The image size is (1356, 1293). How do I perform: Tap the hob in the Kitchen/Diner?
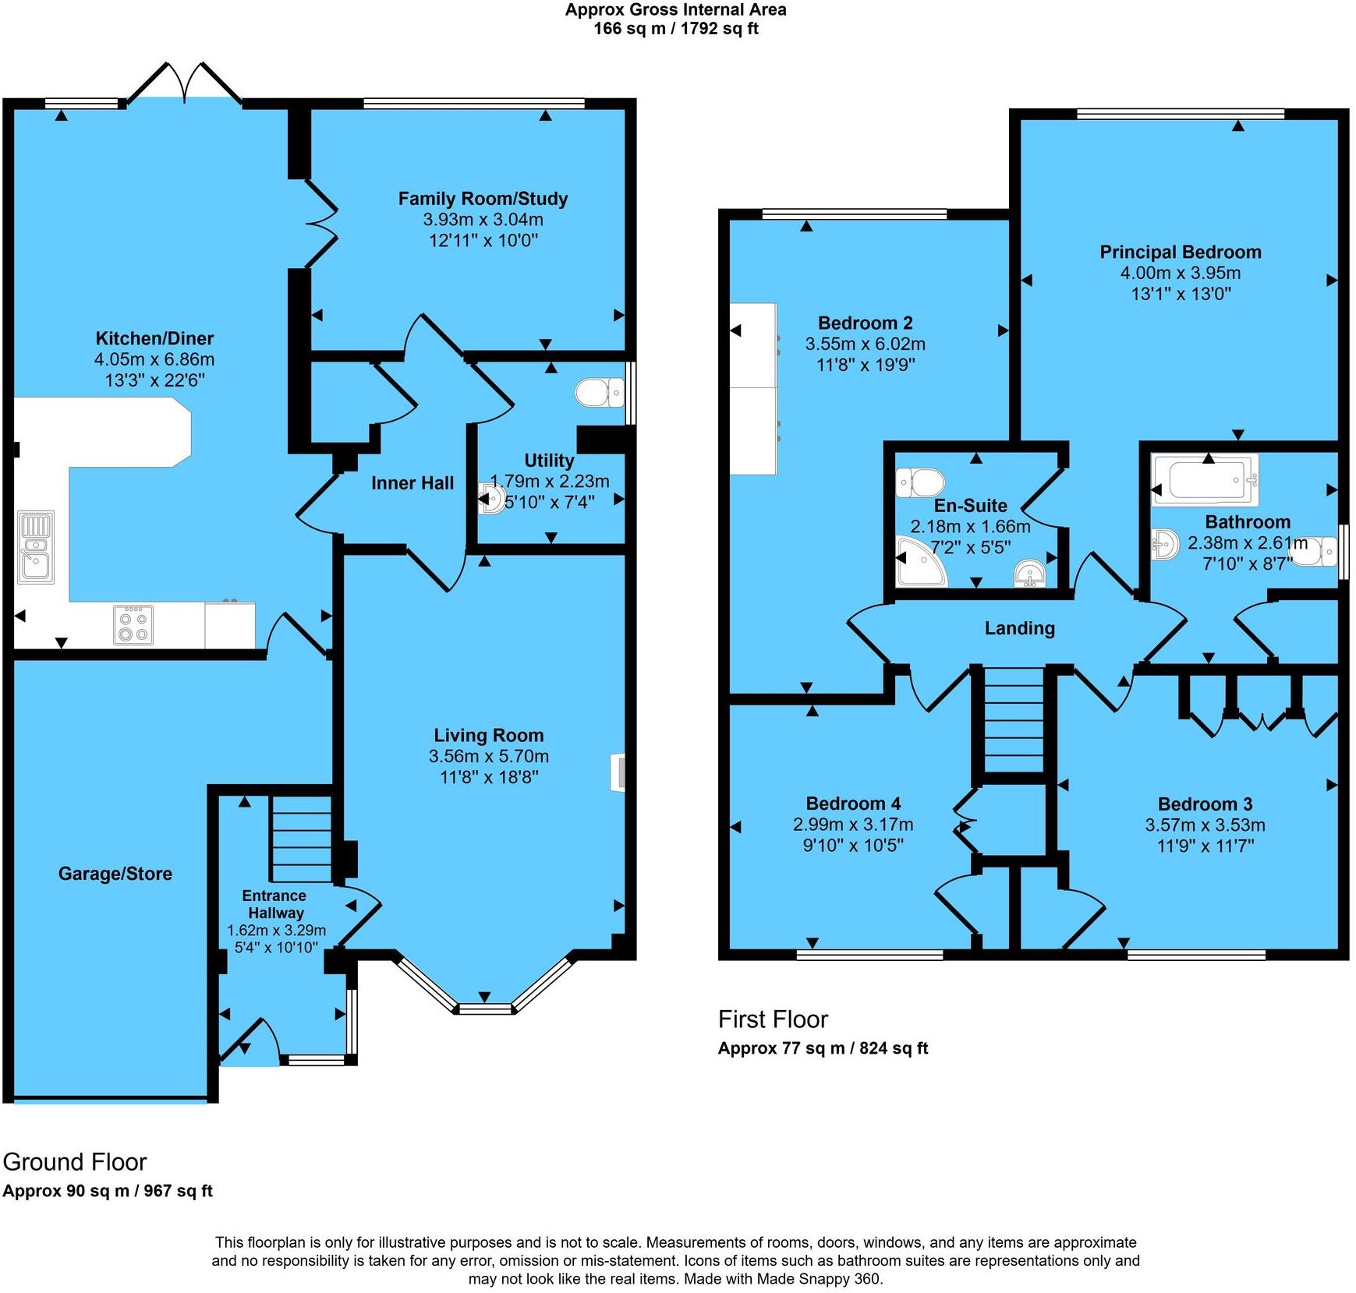[133, 624]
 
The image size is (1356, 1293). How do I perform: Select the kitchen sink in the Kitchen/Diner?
[36, 547]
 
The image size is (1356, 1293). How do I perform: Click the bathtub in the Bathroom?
[1206, 479]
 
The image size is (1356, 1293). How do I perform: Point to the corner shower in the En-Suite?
[919, 562]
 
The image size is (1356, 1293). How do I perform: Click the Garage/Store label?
[115, 874]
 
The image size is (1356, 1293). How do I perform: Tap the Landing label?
[1019, 628]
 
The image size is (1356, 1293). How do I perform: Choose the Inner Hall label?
[412, 483]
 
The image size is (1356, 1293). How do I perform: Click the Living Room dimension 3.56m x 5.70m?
[488, 756]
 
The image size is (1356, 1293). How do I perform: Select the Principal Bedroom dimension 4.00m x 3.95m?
[1180, 273]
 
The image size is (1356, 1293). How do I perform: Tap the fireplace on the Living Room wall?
[618, 772]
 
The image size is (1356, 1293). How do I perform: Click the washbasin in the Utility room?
[492, 498]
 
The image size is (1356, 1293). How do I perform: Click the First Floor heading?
[773, 1019]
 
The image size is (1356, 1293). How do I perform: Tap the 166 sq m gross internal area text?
[675, 29]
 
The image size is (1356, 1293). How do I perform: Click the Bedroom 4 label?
[853, 804]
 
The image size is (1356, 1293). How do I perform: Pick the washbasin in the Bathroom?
[1164, 544]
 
